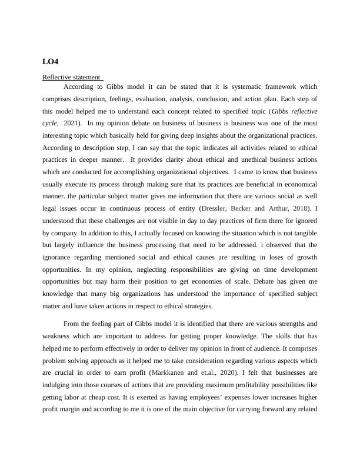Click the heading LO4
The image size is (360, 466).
[x=51, y=61]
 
